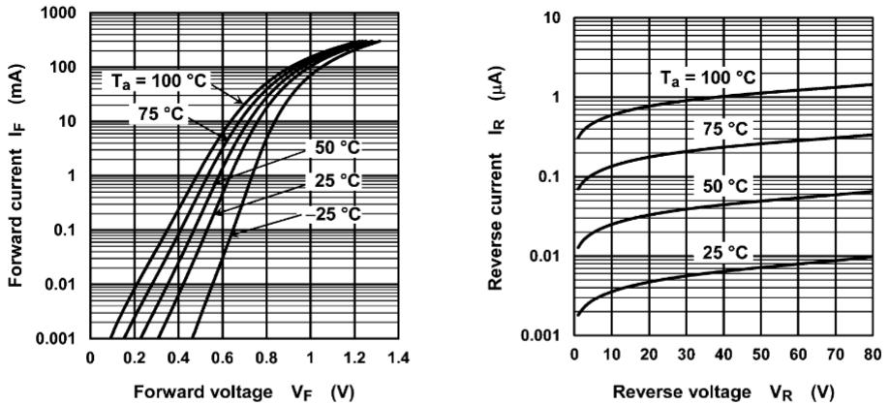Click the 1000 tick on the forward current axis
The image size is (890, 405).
click(56, 15)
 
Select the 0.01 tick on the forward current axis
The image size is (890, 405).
click(59, 285)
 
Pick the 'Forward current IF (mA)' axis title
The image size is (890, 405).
click(16, 177)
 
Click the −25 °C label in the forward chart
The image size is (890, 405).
click(329, 213)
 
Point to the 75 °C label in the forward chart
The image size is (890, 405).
click(159, 112)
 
